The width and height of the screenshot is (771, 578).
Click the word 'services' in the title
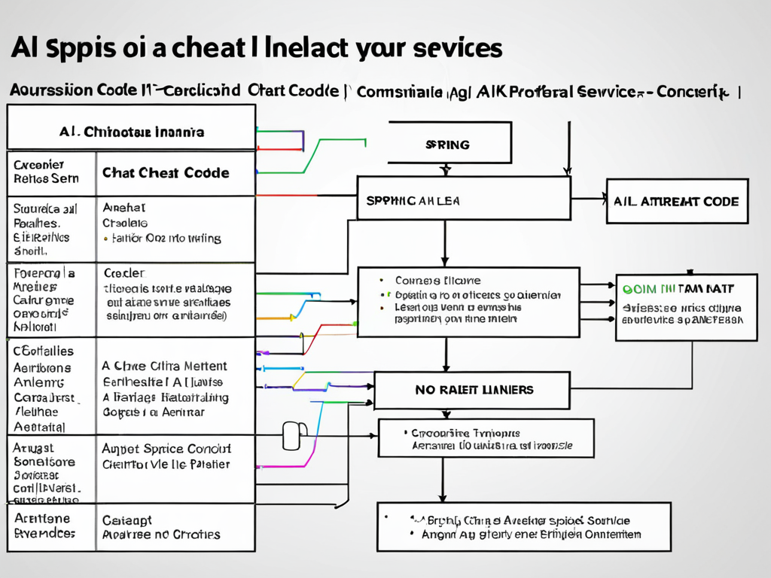coord(459,48)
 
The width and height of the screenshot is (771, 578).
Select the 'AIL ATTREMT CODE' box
coord(677,201)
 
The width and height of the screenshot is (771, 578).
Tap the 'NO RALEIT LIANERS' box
coord(472,390)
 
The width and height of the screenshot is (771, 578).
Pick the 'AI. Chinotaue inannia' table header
coord(131,132)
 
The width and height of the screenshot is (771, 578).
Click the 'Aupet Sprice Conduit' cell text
coord(166,449)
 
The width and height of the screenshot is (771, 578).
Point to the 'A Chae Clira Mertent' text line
coord(164,367)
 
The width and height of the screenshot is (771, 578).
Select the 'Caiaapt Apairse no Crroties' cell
coord(161,528)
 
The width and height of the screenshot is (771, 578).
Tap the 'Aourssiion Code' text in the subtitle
coord(62,90)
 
